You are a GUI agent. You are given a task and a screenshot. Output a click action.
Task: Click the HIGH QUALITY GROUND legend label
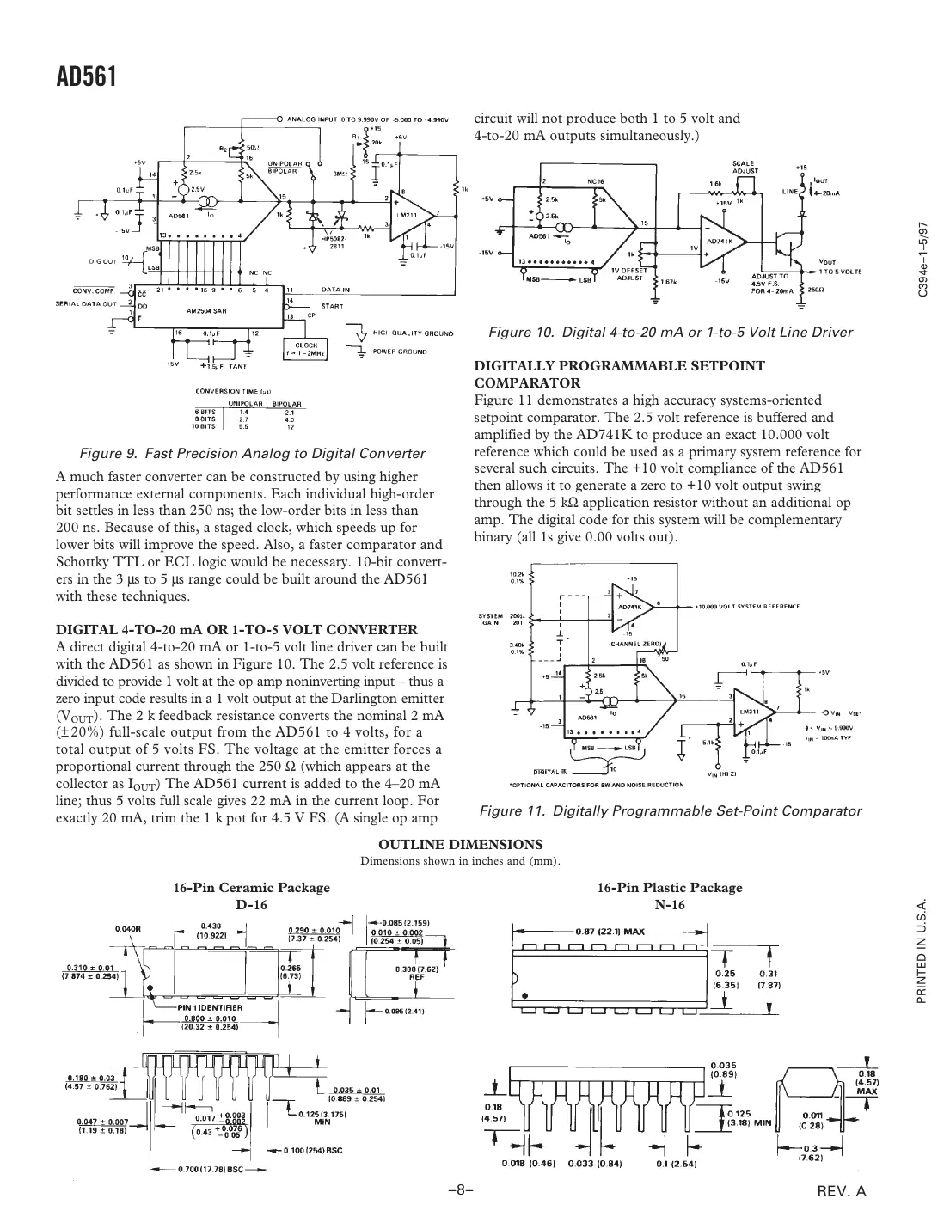413,332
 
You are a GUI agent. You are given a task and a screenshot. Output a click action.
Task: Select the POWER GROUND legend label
401,352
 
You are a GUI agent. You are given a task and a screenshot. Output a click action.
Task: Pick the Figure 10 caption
670,333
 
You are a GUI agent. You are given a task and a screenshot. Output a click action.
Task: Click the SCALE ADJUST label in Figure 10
745,167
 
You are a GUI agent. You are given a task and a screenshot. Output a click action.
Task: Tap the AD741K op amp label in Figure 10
720,242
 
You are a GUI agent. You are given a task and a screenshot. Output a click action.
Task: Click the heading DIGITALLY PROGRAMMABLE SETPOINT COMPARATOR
619,374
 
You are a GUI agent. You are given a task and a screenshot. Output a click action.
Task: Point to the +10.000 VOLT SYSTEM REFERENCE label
748,606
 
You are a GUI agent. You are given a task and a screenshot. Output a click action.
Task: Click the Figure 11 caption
670,810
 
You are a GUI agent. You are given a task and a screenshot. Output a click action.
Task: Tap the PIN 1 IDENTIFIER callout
210,1007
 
